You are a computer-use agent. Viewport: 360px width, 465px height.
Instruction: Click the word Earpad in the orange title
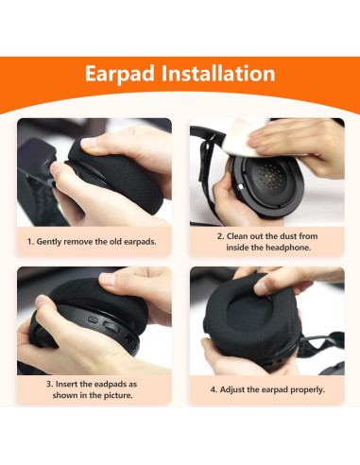pyautogui.click(x=120, y=75)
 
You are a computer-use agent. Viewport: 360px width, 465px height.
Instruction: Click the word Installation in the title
pyautogui.click(x=218, y=74)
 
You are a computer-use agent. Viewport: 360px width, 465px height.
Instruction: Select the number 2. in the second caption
pyautogui.click(x=220, y=236)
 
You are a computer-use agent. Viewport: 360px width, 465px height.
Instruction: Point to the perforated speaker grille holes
pyautogui.click(x=269, y=176)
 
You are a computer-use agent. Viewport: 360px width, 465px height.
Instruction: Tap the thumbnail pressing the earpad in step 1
pyautogui.click(x=89, y=143)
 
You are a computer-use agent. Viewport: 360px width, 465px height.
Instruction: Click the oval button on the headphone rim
pyautogui.click(x=111, y=327)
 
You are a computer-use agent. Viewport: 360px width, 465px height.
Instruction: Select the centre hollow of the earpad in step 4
pyautogui.click(x=249, y=312)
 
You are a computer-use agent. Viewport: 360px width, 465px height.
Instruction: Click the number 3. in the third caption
pyautogui.click(x=49, y=385)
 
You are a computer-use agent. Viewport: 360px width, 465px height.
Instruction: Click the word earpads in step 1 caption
pyautogui.click(x=140, y=242)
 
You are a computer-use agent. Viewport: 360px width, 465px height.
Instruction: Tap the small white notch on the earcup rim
pyautogui.click(x=241, y=187)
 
